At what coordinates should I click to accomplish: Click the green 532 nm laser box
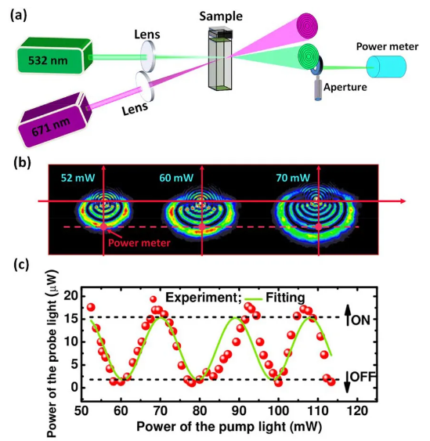[55, 56]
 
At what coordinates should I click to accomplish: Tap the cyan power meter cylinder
[386, 67]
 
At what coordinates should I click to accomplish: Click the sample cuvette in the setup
[221, 59]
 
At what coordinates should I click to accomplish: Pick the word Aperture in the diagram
[345, 87]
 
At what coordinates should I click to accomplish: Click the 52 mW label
[78, 178]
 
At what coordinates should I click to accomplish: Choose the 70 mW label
[293, 178]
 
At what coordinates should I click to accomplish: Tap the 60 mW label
[176, 178]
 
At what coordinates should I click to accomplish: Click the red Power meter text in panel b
[139, 243]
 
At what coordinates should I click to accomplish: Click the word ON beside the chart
[360, 320]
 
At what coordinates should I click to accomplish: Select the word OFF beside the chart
[363, 377]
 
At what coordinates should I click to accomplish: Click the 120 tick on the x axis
[357, 411]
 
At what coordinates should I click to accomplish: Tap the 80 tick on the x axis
[200, 411]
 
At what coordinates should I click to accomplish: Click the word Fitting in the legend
[285, 298]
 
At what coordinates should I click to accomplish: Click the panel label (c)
[21, 266]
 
